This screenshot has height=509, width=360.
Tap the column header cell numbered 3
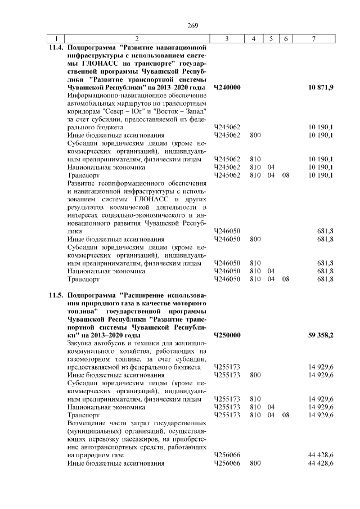[x=226, y=38]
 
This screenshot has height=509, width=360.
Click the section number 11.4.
[x=55, y=48]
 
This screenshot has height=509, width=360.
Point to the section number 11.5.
[x=55, y=295]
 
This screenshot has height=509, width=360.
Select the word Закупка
[x=80, y=343]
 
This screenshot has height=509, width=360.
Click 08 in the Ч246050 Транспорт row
[x=286, y=278]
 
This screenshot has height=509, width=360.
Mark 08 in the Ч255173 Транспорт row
[x=286, y=415]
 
